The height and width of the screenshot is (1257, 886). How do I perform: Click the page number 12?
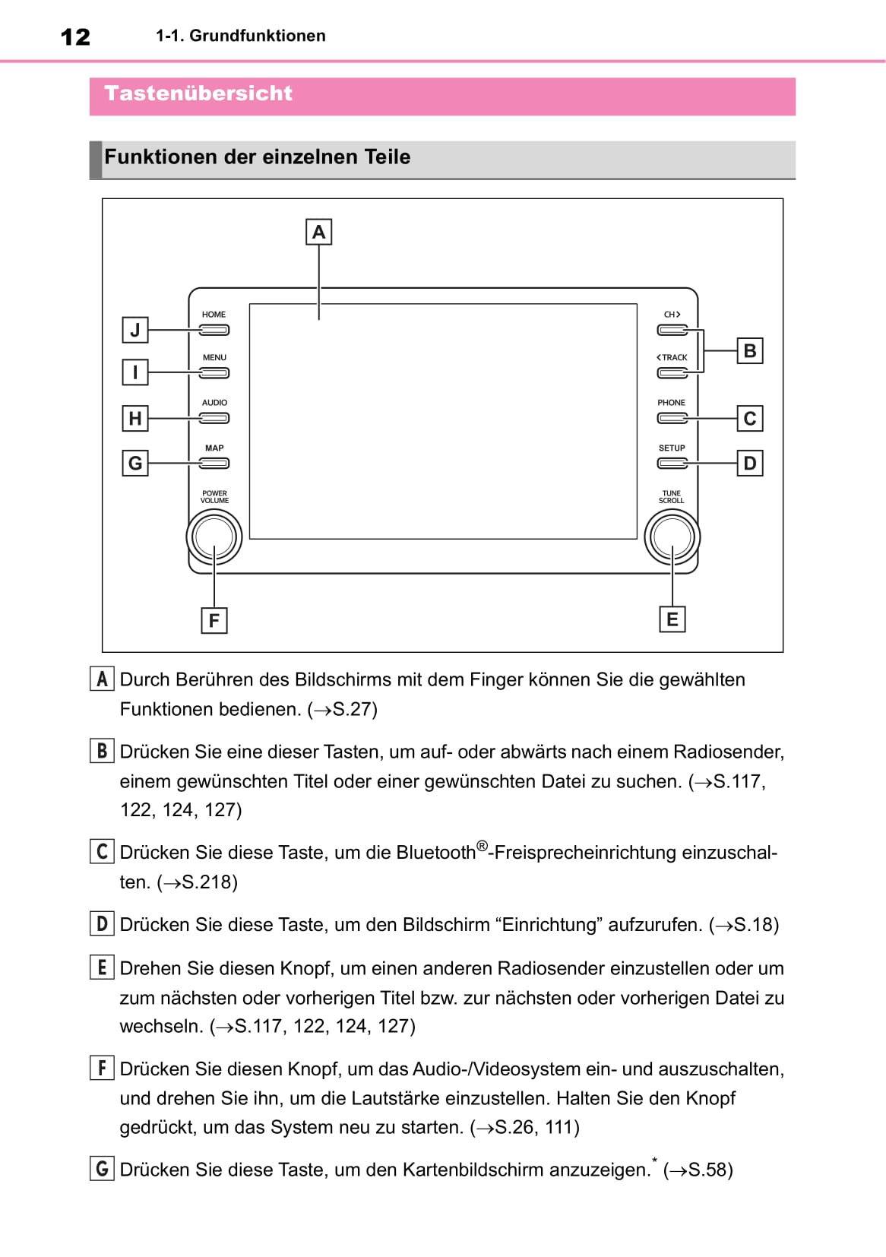pyautogui.click(x=75, y=36)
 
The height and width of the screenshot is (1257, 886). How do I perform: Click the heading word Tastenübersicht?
pyautogui.click(x=198, y=93)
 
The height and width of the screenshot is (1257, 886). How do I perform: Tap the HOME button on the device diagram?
pyautogui.click(x=214, y=330)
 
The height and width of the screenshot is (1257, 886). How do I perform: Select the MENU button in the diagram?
pyautogui.click(x=214, y=373)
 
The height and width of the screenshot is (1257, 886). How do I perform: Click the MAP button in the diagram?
pyautogui.click(x=214, y=464)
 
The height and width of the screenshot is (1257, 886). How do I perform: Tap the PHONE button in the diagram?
pyautogui.click(x=672, y=418)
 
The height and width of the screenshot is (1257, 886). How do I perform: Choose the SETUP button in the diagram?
pyautogui.click(x=672, y=464)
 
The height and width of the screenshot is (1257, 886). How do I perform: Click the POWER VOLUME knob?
pyautogui.click(x=214, y=537)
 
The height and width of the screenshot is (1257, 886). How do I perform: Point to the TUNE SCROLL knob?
pyautogui.click(x=672, y=537)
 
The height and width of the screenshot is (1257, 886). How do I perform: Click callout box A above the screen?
pyautogui.click(x=318, y=232)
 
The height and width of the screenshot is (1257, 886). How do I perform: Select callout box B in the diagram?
pyautogui.click(x=750, y=351)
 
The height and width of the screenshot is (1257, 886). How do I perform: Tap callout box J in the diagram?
pyautogui.click(x=135, y=330)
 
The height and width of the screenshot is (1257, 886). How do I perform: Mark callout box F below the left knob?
pyautogui.click(x=214, y=620)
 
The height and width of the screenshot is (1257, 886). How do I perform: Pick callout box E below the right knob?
pyautogui.click(x=672, y=619)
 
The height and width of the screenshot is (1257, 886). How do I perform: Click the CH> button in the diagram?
pyautogui.click(x=672, y=330)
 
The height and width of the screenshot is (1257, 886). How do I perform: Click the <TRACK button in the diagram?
pyautogui.click(x=672, y=373)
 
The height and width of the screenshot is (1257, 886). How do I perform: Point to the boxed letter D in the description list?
pyautogui.click(x=102, y=924)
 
